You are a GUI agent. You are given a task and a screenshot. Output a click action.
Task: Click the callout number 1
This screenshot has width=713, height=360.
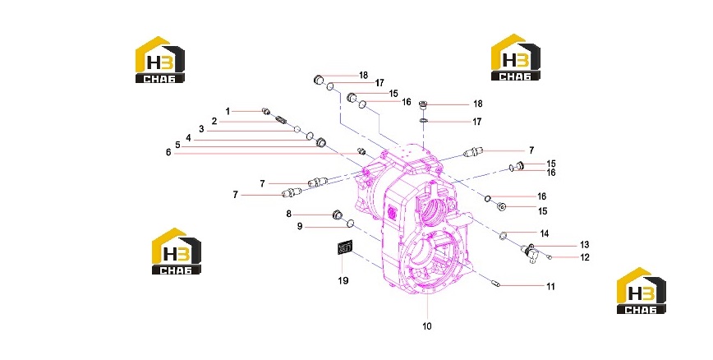pos(228,111)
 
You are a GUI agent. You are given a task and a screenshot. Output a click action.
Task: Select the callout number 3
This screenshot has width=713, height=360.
pos(201,130)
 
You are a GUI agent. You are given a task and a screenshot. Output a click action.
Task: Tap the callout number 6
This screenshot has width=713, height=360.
pos(168,152)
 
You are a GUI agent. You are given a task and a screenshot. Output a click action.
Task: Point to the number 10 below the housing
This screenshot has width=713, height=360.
pos(427,326)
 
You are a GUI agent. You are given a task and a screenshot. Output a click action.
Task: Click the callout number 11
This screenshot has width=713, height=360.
pos(550,287)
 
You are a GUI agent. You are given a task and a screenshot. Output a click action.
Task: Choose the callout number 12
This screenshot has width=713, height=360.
pos(585,257)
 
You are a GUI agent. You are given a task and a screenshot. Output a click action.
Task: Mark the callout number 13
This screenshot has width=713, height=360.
pos(584,245)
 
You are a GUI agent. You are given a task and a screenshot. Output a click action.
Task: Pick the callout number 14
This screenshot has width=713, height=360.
pos(545,233)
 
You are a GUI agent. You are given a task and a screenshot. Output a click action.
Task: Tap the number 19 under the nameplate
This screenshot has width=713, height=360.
pos(343,280)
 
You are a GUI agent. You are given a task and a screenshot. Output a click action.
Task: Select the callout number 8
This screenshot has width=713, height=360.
pos(289,214)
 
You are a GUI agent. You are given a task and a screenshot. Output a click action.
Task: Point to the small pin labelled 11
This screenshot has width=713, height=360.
pos(496,284)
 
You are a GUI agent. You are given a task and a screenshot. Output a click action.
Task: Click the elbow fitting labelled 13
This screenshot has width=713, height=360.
pos(529,252)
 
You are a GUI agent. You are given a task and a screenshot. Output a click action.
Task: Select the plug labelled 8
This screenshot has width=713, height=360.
pos(338,215)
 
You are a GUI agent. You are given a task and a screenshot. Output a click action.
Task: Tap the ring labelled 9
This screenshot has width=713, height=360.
pos(351,223)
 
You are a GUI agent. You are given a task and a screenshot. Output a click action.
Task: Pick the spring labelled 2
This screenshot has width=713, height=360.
pos(281,120)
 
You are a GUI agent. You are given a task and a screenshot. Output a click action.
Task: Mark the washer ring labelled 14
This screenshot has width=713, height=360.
pos(504,235)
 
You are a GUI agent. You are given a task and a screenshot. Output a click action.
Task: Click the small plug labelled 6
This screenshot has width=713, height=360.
pos(362,151)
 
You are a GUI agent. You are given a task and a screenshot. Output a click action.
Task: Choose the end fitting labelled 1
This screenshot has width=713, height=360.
pos(266,111)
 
